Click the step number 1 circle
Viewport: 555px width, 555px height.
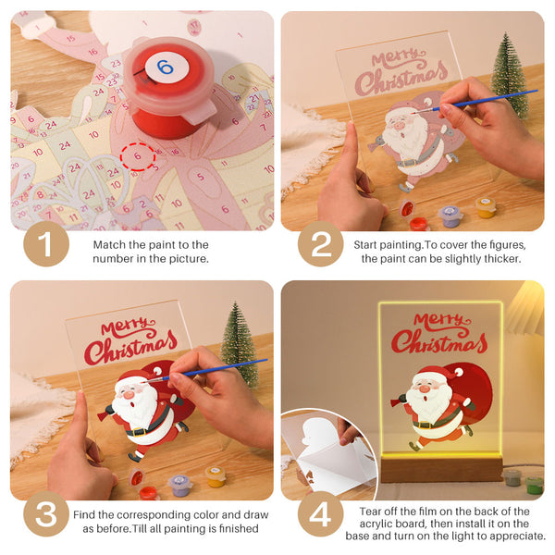[45, 244]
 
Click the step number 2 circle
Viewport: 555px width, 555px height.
[320, 244]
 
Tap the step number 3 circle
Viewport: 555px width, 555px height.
[45, 514]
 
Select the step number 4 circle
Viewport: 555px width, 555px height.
[320, 514]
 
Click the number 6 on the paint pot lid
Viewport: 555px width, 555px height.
[165, 67]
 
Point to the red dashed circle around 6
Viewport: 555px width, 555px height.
[138, 157]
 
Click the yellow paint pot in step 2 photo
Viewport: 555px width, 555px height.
[486, 206]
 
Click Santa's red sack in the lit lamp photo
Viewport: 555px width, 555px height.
[477, 383]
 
